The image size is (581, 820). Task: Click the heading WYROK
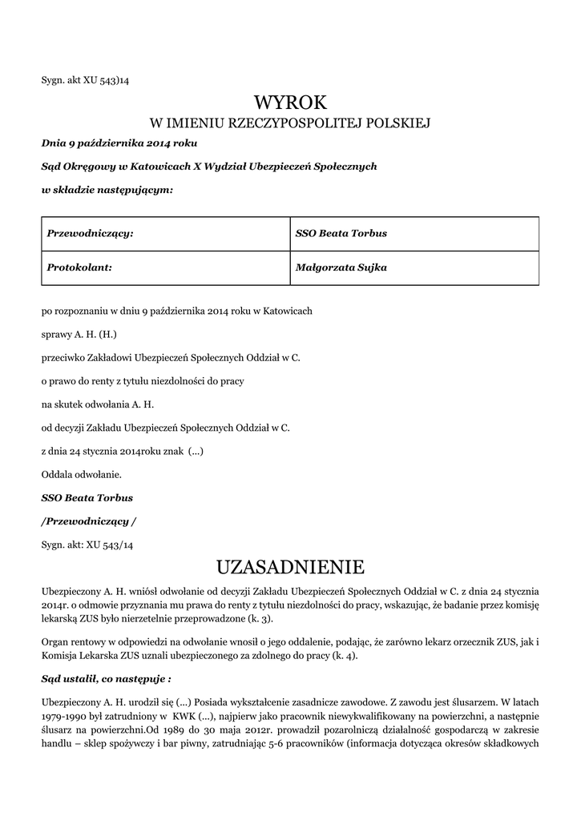(291, 102)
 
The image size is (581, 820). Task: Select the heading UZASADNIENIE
(291, 567)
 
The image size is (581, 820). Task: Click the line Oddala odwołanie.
(81, 474)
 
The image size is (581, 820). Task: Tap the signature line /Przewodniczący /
(88, 521)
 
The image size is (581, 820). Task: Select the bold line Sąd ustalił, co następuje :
(106, 677)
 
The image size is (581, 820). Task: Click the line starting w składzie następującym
(107, 190)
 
